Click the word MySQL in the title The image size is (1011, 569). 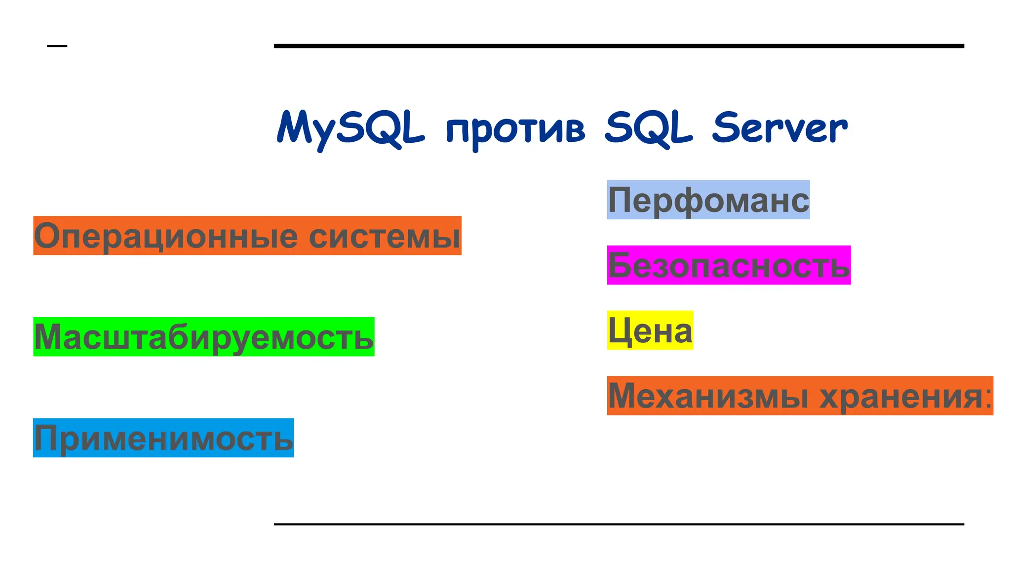350,128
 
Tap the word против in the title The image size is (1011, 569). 515,129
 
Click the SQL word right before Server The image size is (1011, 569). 649,128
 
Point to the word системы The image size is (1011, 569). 385,236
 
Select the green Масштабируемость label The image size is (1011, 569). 203,337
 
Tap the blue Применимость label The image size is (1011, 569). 163,438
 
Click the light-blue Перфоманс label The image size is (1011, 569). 708,200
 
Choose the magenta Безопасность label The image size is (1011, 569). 729,265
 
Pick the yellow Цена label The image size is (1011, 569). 650,330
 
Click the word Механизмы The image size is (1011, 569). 708,396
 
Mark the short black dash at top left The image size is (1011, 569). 57,46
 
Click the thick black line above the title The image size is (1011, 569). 619,46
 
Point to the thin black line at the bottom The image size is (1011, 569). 619,524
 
